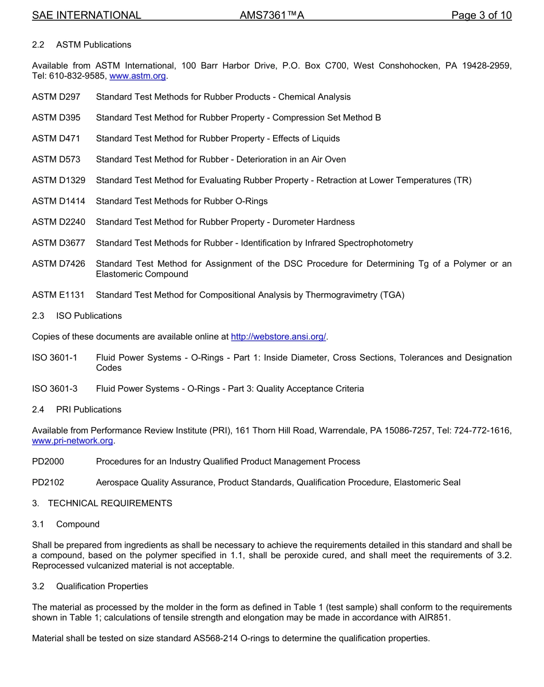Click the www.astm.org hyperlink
(x=137, y=76)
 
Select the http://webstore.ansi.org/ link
(x=278, y=337)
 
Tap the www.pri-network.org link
(x=73, y=441)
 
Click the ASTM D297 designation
(x=56, y=97)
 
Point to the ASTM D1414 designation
(x=58, y=201)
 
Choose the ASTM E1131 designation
(x=58, y=295)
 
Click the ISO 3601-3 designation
(x=55, y=389)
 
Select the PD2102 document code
(x=48, y=483)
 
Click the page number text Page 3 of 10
(x=481, y=15)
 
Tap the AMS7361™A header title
(x=271, y=15)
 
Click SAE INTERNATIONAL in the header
(x=86, y=15)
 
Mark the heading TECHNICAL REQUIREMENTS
(x=110, y=503)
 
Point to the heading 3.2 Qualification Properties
(x=90, y=586)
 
